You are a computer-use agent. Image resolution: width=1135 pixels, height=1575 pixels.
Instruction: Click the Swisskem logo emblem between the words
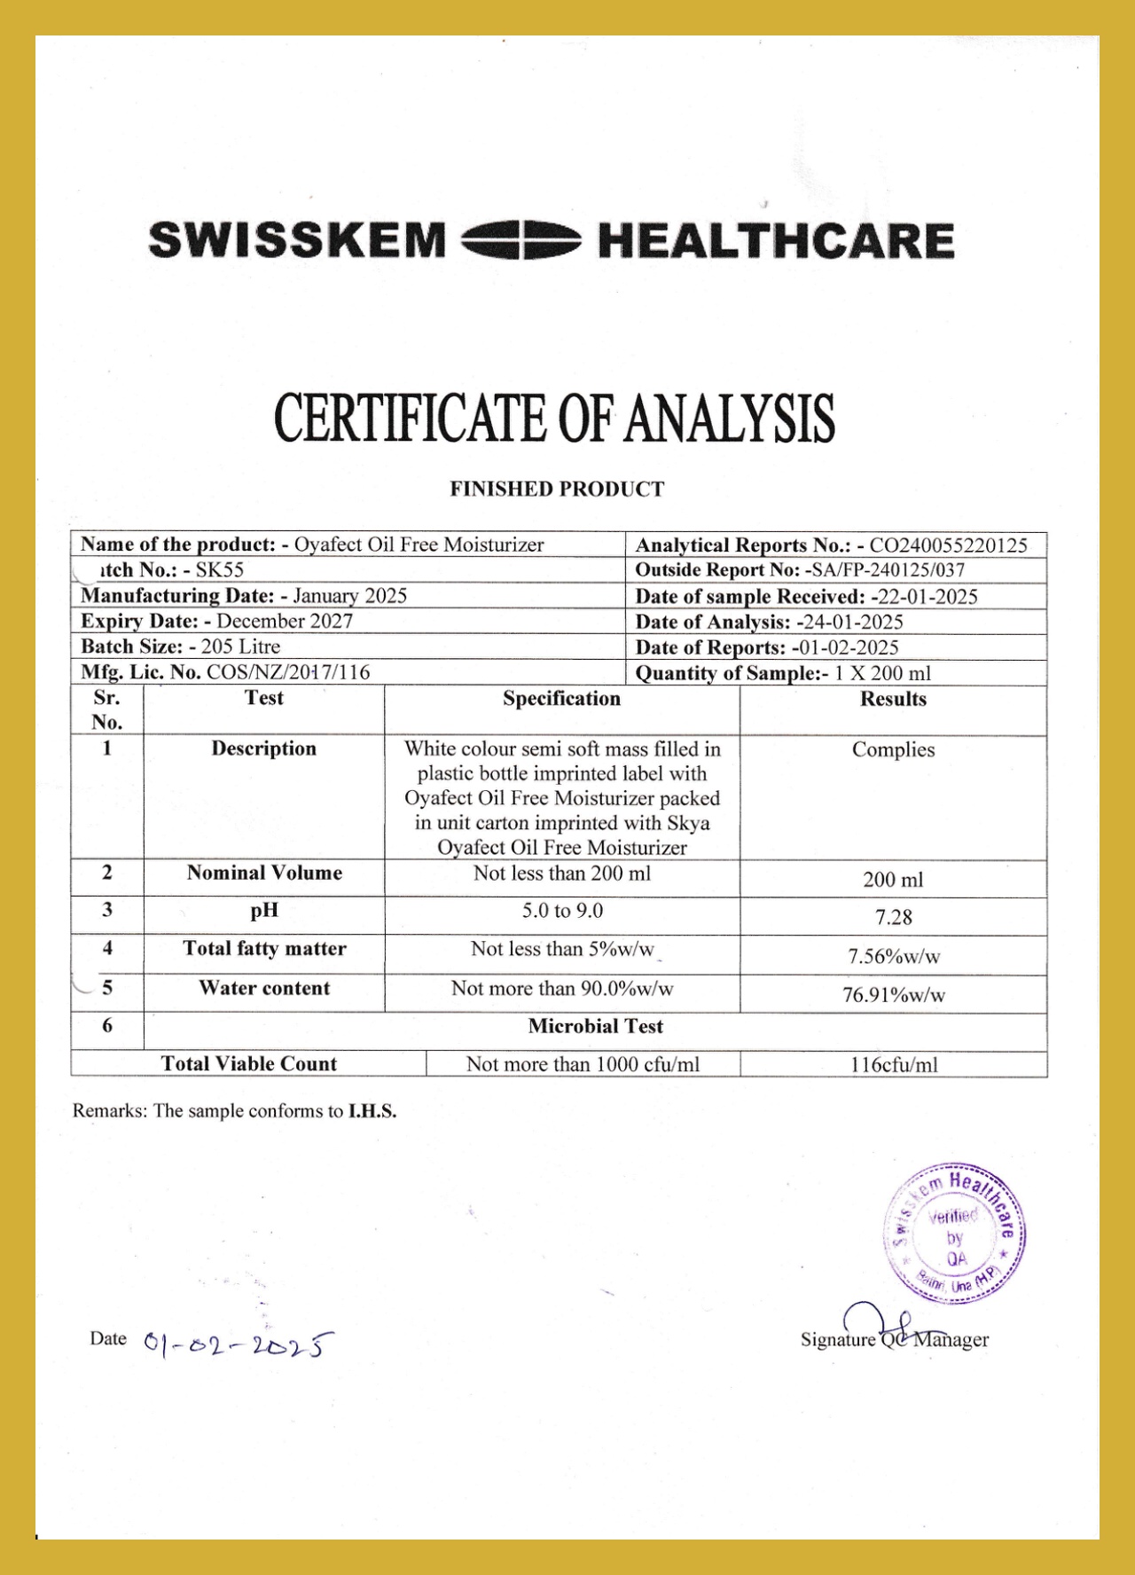tap(521, 241)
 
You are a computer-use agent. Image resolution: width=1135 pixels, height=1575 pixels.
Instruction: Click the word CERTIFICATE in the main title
tap(409, 418)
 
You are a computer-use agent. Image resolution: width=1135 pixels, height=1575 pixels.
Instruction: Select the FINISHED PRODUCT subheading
tap(557, 489)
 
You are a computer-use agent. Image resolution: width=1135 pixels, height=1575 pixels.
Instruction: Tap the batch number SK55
tap(220, 570)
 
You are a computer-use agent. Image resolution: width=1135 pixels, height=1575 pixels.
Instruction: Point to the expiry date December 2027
tap(285, 621)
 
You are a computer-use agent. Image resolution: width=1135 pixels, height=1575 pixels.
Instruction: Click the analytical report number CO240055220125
tap(948, 545)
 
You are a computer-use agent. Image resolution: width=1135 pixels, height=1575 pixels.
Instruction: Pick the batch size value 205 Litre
tap(240, 646)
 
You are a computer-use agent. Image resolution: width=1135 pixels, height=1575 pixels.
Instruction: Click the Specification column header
tap(561, 699)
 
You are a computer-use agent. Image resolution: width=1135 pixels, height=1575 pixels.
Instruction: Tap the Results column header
tap(893, 699)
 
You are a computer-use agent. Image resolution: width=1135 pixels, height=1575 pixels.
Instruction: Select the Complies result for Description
tap(893, 749)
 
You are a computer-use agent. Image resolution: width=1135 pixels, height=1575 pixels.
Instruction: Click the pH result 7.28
tap(893, 917)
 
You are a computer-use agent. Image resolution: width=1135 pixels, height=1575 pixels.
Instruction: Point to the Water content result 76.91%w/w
tap(893, 995)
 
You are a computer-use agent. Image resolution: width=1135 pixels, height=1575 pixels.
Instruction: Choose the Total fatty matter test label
tap(264, 949)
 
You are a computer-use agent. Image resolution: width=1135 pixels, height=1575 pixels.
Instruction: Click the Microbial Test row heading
tap(595, 1026)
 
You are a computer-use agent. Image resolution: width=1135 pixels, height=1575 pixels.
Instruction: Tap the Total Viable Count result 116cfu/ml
tap(893, 1065)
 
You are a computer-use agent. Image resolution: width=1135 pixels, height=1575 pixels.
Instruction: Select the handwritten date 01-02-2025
tap(238, 1344)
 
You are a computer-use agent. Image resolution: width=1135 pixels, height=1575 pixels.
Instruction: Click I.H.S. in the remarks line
tap(372, 1111)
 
